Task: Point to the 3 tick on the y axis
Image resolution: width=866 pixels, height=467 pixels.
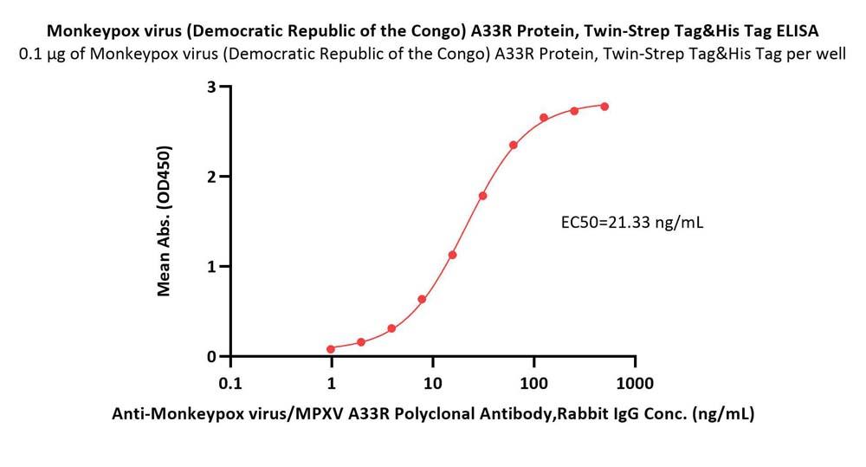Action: [x=211, y=87]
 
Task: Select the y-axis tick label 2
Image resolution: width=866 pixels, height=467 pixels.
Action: [x=211, y=177]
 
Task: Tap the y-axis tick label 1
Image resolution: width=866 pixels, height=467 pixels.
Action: [x=211, y=266]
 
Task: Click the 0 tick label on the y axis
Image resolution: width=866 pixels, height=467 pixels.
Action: [x=211, y=356]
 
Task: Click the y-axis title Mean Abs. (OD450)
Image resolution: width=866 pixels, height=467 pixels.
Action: [x=165, y=221]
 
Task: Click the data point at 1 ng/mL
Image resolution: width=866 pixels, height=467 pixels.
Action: [x=331, y=349]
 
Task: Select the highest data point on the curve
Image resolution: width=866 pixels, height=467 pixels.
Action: [x=604, y=107]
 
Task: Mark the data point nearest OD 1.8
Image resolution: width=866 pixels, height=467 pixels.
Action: [x=482, y=196]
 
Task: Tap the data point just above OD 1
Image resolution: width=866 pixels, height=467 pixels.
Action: [x=452, y=255]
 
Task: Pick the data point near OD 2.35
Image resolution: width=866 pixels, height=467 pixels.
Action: [x=514, y=145]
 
